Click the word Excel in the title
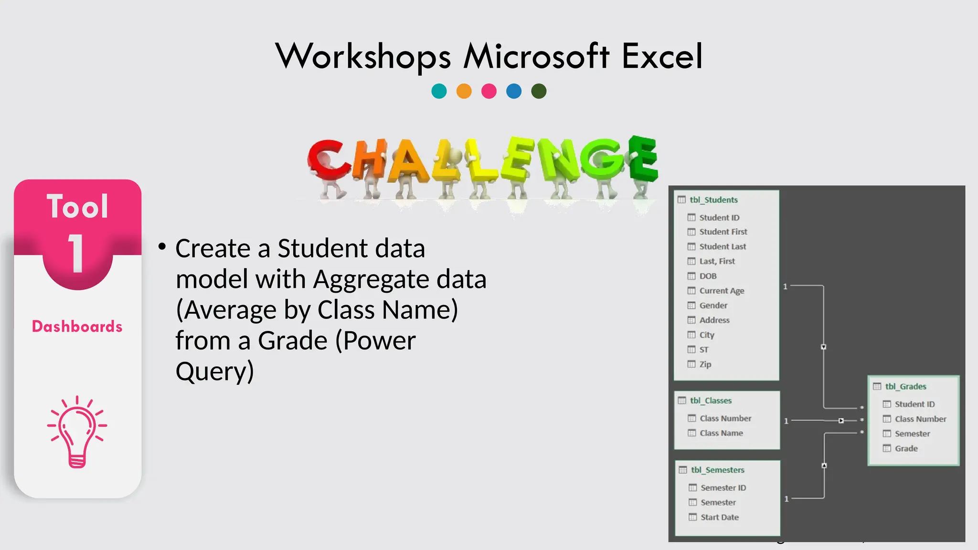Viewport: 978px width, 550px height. (662, 56)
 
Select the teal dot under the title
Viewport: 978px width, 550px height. (439, 91)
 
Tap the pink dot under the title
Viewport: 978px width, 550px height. (489, 91)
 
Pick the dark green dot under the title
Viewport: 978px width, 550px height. (539, 91)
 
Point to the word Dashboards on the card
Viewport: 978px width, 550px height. (77, 327)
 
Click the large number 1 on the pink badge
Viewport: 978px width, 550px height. (76, 254)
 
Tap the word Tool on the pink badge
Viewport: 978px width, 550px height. (77, 207)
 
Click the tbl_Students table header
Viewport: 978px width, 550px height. (713, 200)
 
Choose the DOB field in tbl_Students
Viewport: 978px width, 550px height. (708, 276)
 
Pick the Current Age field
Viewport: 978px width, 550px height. (722, 291)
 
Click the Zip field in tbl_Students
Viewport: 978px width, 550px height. (705, 364)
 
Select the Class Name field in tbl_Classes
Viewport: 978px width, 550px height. (721, 433)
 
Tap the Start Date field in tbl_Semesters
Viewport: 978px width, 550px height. (719, 517)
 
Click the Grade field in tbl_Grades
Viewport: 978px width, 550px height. (906, 448)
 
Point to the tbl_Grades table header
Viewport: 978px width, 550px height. (905, 387)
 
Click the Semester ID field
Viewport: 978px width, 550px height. (723, 487)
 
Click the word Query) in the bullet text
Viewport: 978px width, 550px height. (215, 371)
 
